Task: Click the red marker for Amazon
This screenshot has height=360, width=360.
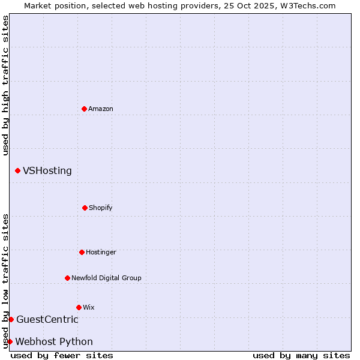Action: coord(84,109)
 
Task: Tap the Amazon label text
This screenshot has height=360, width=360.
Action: coord(101,109)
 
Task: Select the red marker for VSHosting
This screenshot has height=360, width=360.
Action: coord(17,171)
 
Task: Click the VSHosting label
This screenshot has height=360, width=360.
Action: coord(47,171)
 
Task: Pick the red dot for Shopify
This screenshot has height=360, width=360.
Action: coord(85,208)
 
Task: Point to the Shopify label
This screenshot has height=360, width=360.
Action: coord(101,208)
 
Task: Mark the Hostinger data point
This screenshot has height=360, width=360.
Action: coord(82,252)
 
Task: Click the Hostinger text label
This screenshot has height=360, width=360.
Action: coord(101,253)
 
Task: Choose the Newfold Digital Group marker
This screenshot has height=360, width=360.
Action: coord(67,278)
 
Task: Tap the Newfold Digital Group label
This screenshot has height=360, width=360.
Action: coord(106,278)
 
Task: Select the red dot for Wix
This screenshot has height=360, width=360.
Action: coord(79,307)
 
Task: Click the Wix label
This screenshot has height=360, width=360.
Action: coord(89,308)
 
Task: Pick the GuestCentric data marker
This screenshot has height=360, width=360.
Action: coord(11,319)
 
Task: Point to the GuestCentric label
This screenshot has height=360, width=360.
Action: coord(47,320)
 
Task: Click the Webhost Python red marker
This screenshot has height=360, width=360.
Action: coord(10,341)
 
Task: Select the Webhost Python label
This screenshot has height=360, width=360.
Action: coord(54,342)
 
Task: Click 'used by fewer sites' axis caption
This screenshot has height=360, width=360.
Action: coord(62,356)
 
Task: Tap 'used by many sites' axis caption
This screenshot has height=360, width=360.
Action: coord(301,356)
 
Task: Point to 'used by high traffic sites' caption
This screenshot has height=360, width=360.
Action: coord(5,85)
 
